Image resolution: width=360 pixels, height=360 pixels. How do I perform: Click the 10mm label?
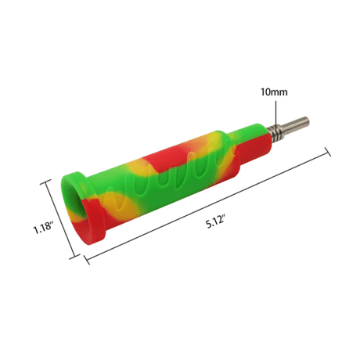click(x=274, y=92)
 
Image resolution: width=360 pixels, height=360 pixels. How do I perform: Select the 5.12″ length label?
click(x=215, y=223)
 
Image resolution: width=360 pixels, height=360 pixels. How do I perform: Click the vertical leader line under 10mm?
click(x=275, y=113)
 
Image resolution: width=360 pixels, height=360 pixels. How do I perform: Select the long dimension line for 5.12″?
click(x=207, y=206)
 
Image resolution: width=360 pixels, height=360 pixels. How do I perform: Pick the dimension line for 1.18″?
click(x=60, y=219)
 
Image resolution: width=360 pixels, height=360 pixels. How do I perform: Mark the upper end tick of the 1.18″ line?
click(x=45, y=182)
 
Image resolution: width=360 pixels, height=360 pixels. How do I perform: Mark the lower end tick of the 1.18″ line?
click(x=75, y=257)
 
